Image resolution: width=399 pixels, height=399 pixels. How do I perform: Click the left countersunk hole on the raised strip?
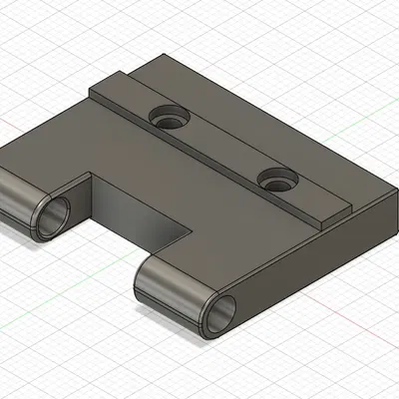[171, 118]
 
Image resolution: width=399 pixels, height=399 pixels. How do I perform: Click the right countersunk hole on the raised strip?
[277, 180]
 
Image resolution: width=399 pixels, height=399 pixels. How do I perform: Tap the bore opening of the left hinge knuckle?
[51, 216]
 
